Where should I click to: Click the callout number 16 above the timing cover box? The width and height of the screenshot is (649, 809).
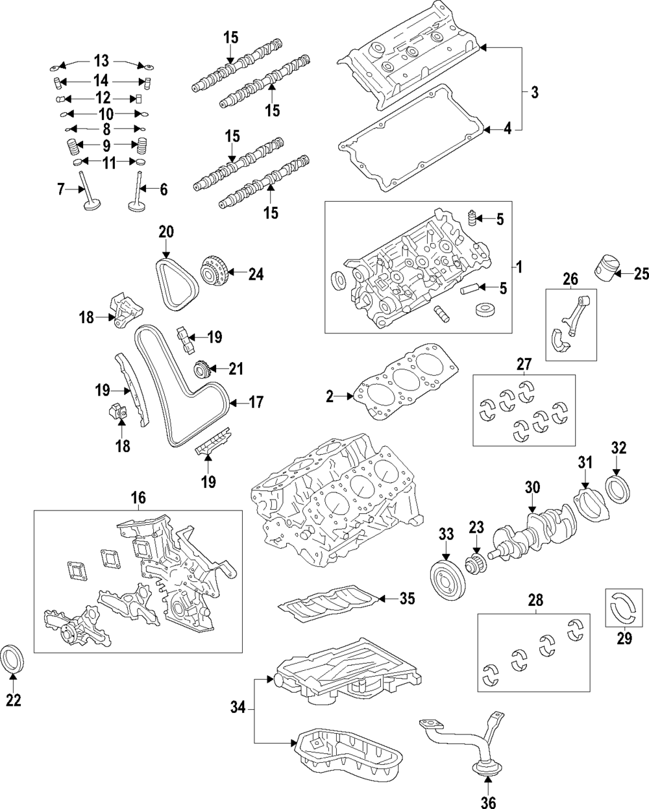tap(138, 498)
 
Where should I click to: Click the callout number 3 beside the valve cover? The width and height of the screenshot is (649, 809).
tap(534, 92)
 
